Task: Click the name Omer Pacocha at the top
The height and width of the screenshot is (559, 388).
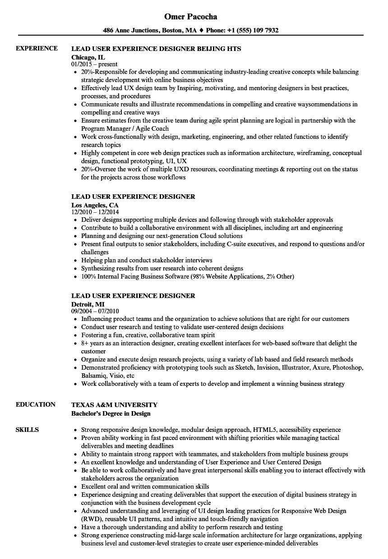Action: coord(191,17)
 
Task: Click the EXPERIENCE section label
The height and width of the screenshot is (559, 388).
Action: coord(37,49)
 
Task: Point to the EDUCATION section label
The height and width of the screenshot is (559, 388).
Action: coord(36,405)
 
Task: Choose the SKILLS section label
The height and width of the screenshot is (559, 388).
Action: coord(27,430)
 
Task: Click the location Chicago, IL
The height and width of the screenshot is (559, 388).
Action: coord(88,57)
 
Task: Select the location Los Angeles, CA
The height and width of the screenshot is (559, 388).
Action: coord(95,205)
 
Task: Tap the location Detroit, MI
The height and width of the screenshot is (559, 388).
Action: coord(88,304)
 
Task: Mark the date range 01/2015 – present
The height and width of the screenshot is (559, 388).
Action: coord(94,64)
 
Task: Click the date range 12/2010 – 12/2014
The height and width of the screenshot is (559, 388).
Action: coord(95,212)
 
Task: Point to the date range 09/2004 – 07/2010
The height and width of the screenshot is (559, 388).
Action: coord(95,311)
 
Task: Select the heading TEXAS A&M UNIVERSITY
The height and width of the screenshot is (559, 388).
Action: coord(114,405)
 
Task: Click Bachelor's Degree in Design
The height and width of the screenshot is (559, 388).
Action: coord(111,413)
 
